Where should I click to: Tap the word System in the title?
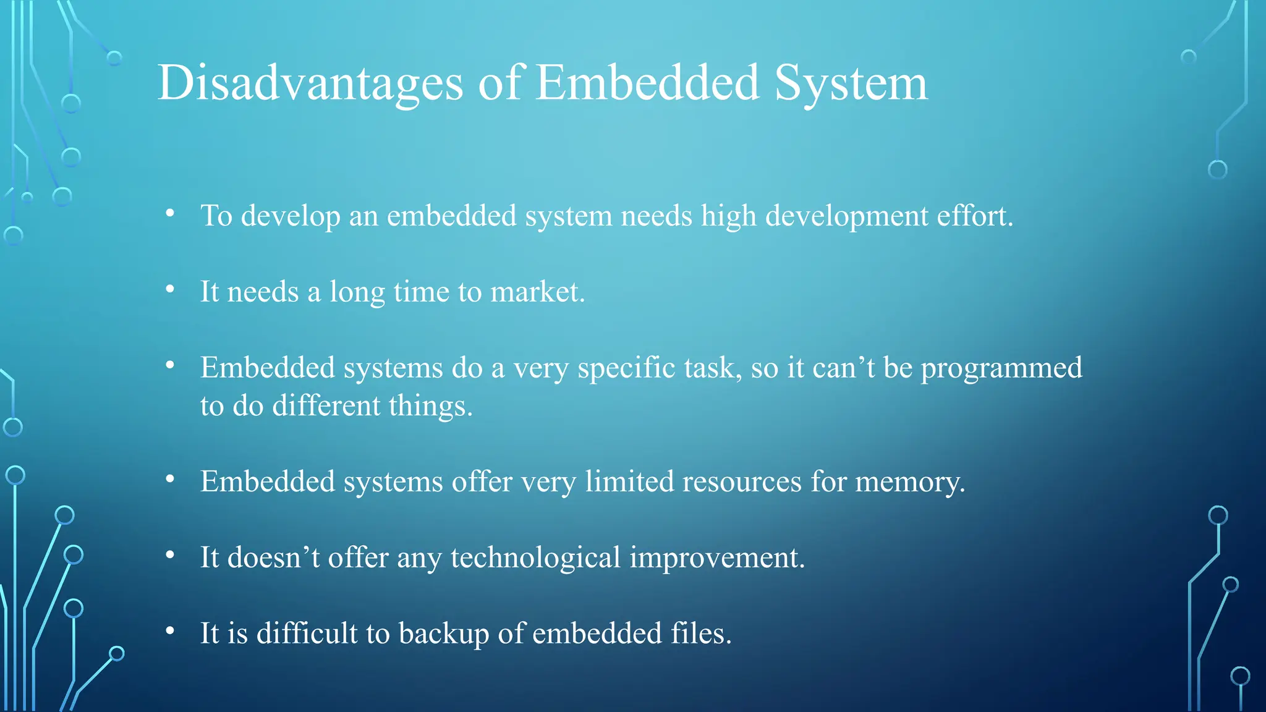tap(851, 83)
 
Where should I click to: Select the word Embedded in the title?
tap(647, 83)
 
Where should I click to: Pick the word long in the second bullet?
tap(357, 292)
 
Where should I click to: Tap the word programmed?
tap(1001, 368)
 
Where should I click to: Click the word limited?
tap(629, 481)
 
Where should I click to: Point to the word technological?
tap(535, 558)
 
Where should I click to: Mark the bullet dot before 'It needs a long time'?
tap(170, 289)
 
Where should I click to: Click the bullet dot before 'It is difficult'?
tap(170, 631)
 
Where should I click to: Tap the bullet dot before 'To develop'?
tap(170, 213)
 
